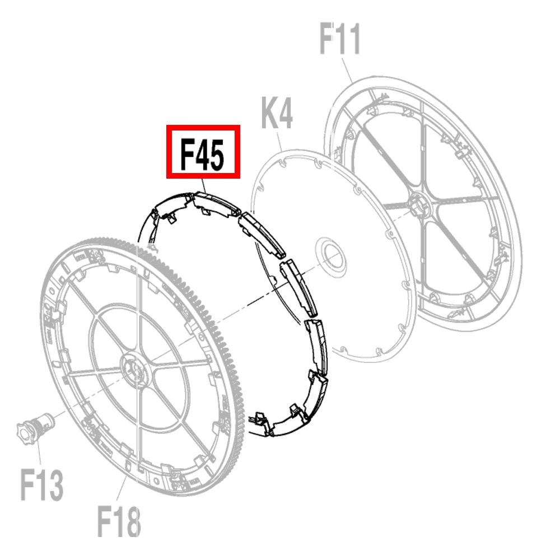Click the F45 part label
(203, 155)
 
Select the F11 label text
(339, 38)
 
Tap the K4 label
(277, 113)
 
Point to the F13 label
(42, 485)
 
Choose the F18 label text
(119, 520)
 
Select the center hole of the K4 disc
(331, 257)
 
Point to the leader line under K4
(279, 142)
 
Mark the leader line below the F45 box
(204, 185)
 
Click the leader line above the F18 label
(122, 488)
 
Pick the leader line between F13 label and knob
(39, 454)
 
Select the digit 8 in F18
(133, 520)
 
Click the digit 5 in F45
(216, 155)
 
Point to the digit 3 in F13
(55, 486)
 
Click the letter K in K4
(269, 113)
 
